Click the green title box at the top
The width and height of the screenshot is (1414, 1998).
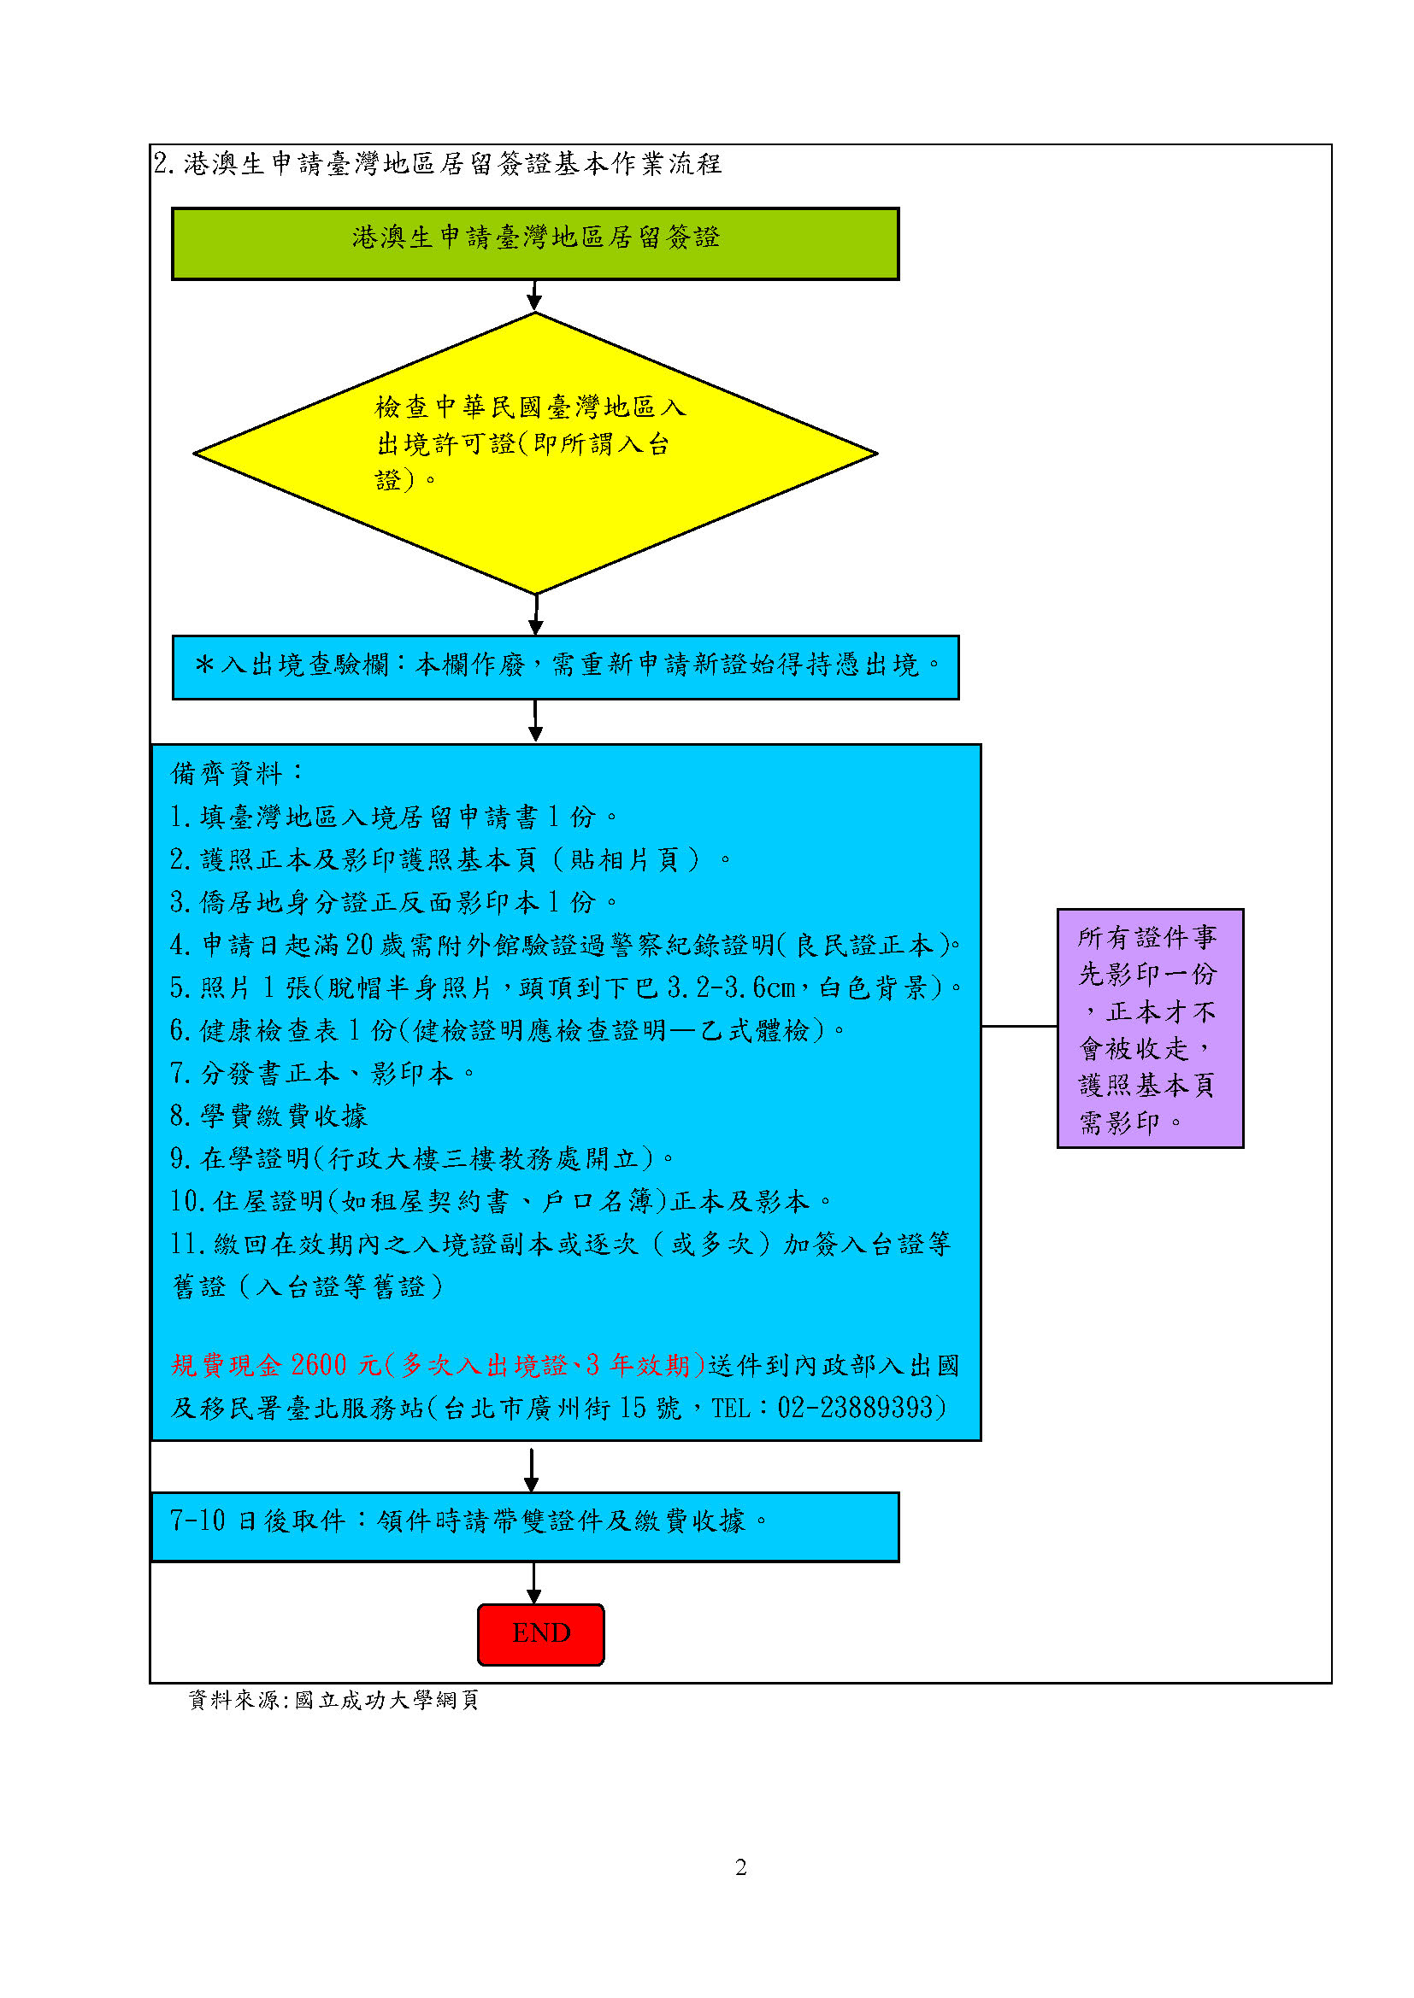point(535,243)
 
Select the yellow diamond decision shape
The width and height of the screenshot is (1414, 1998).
point(535,454)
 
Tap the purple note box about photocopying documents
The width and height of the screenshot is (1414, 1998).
point(1150,1028)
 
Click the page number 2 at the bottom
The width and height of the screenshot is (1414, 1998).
point(741,1867)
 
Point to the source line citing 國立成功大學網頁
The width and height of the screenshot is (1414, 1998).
point(333,1701)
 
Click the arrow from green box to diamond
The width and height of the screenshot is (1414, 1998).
point(534,295)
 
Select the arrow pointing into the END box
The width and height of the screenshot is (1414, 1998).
point(533,1583)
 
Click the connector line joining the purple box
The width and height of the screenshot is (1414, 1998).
point(1020,1026)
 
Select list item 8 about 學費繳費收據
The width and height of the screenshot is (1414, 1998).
point(268,1116)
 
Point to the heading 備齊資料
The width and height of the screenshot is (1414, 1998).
point(237,773)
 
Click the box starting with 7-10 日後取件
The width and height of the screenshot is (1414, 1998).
point(525,1527)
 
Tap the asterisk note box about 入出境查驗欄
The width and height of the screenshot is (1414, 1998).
point(566,667)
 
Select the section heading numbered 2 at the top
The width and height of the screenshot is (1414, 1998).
point(438,164)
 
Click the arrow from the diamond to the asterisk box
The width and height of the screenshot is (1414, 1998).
point(535,615)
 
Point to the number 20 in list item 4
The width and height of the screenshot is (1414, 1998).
point(359,945)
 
